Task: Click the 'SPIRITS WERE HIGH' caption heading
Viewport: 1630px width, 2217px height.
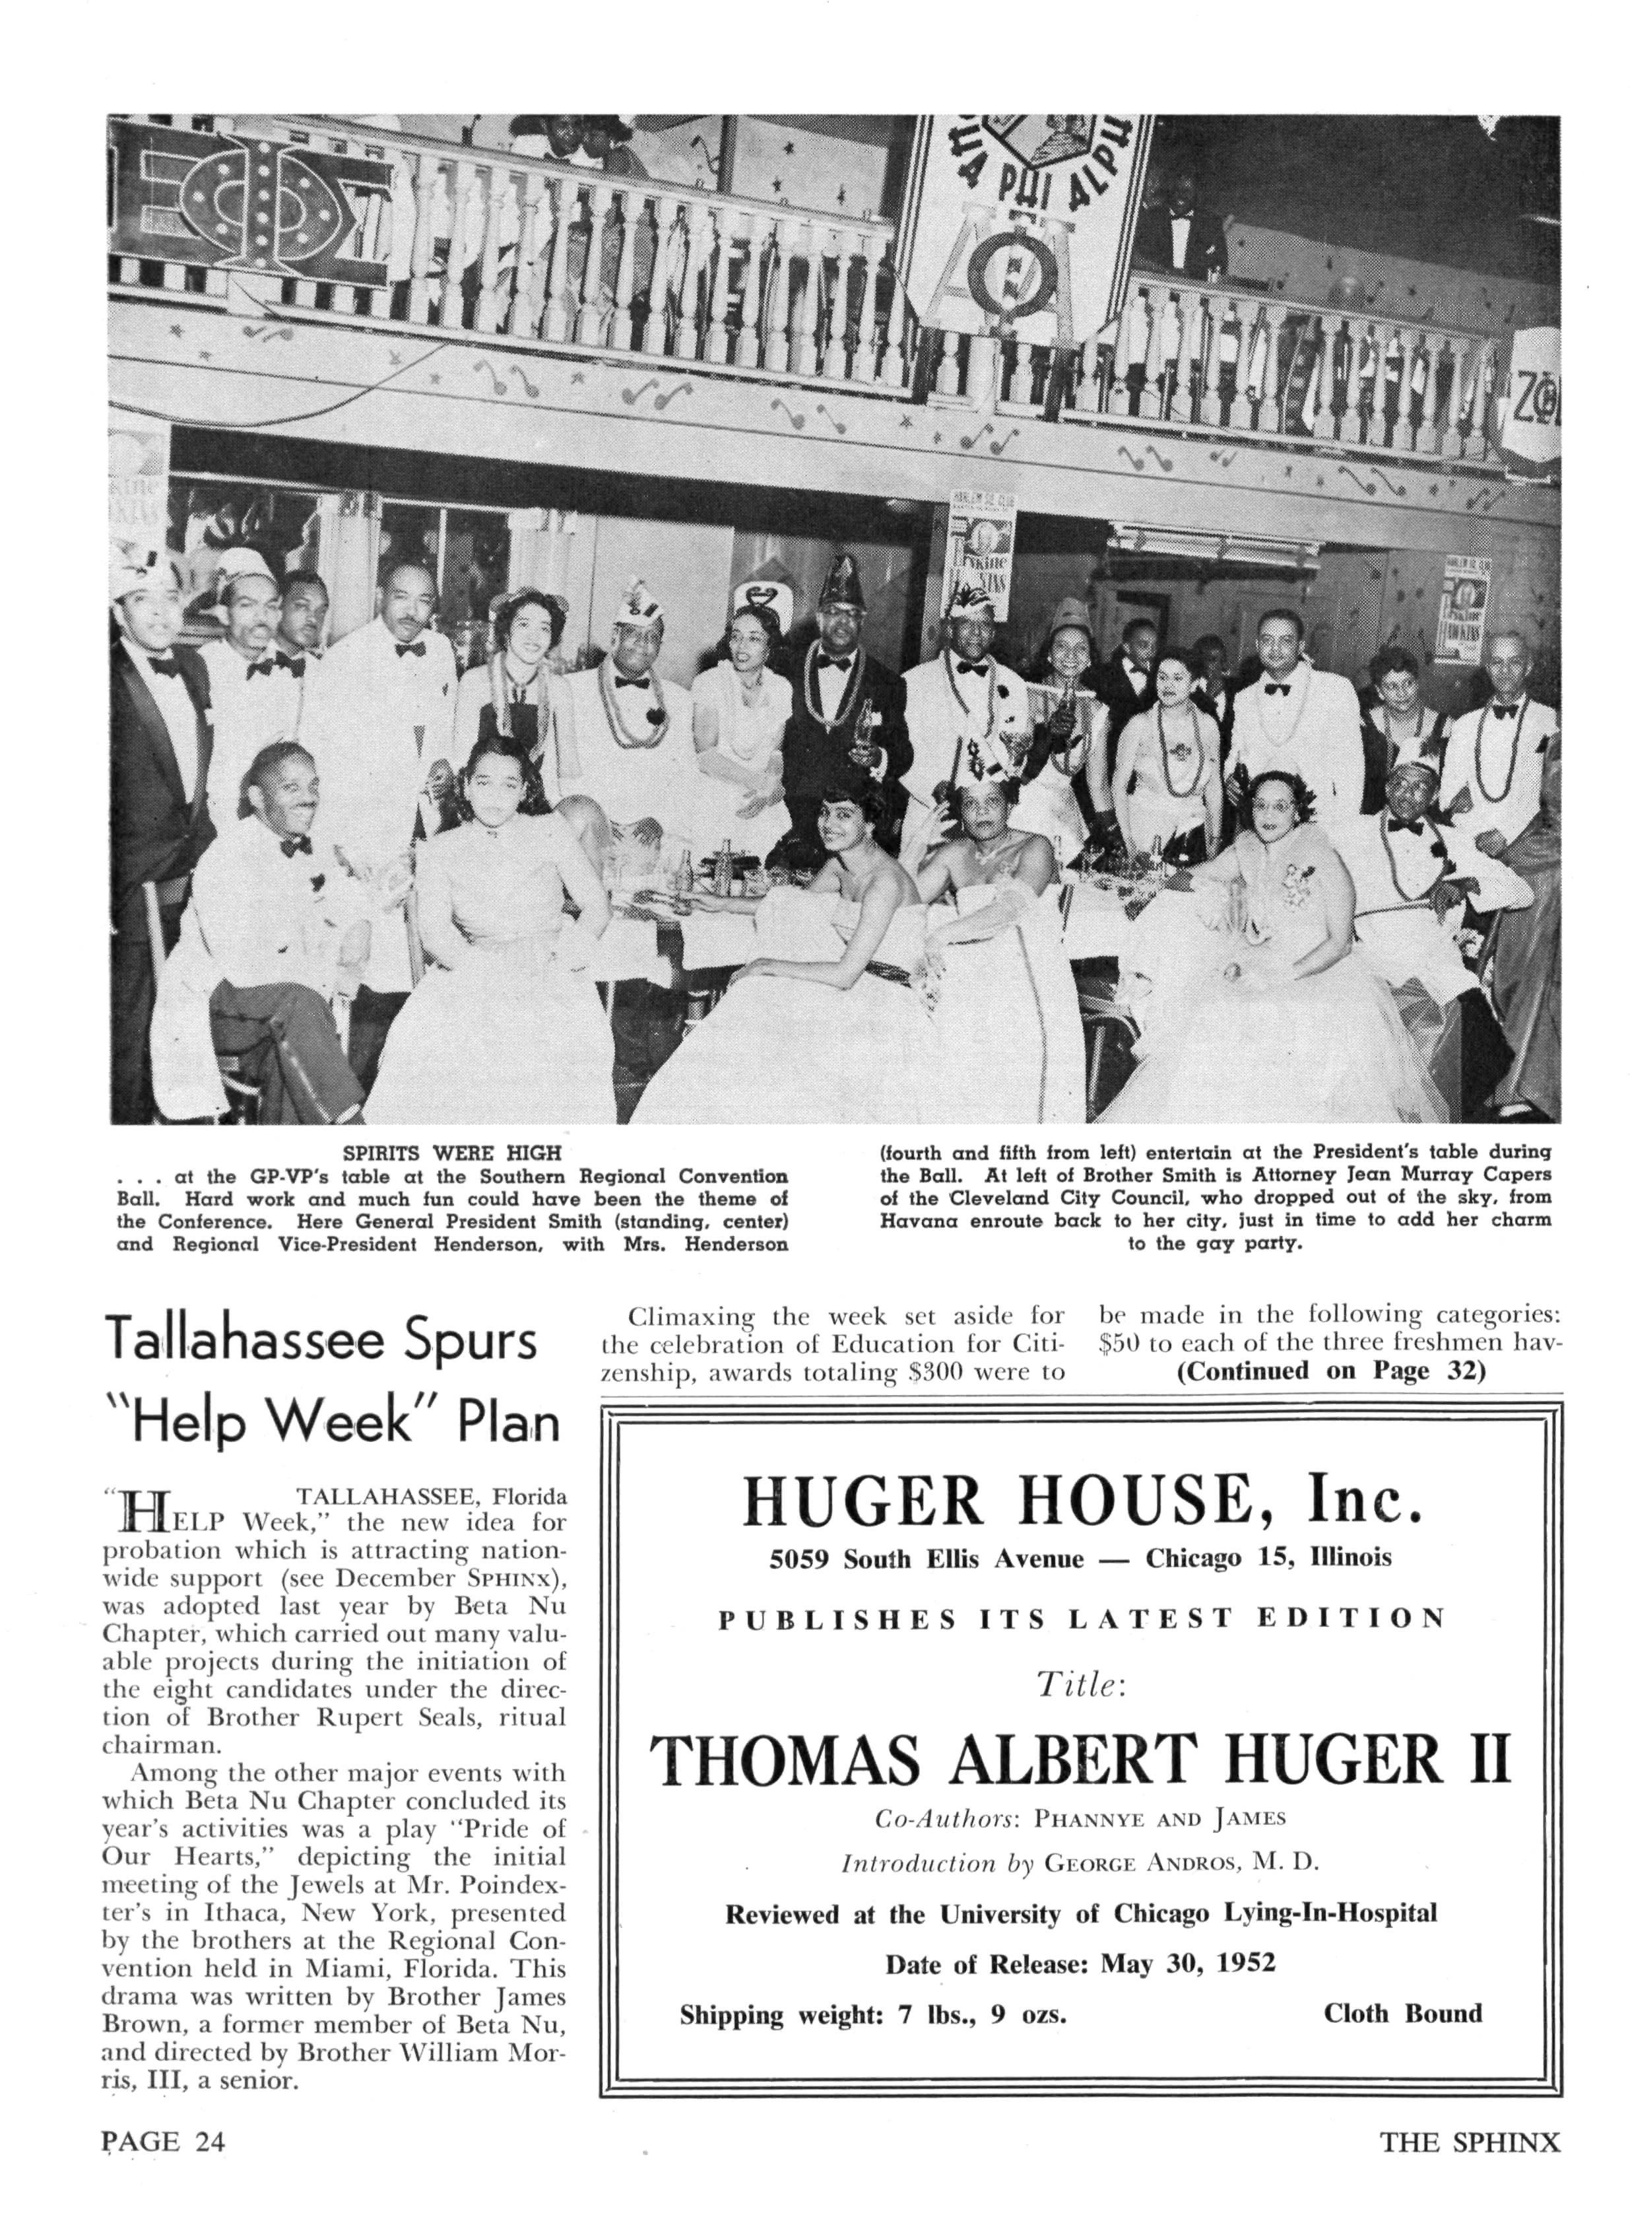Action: (x=452, y=1153)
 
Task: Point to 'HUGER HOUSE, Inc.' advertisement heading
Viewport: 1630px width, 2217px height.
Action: (x=1082, y=1501)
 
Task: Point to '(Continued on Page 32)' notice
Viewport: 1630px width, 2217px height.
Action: (x=1331, y=1371)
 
